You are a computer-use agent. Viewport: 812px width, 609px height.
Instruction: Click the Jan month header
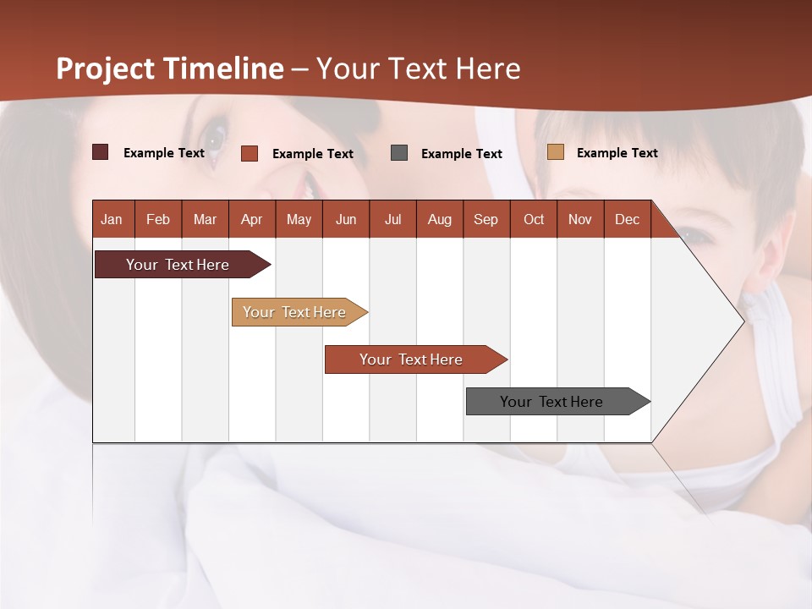pos(112,219)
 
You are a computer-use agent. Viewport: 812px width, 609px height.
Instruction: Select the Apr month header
pos(251,219)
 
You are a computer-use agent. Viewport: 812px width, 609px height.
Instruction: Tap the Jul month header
pos(392,219)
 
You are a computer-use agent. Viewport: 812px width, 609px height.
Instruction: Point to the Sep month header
pos(486,219)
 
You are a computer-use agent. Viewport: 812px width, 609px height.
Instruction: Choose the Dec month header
pos(627,219)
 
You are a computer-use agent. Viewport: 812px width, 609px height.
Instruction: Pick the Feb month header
pos(158,219)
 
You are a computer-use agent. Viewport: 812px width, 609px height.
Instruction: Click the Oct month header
pos(534,219)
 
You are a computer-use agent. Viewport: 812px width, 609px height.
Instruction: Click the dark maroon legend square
pos(100,152)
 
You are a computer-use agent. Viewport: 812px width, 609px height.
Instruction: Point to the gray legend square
pos(399,152)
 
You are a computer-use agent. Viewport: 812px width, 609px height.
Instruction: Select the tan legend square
pos(556,152)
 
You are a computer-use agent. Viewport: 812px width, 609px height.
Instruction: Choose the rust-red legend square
pos(250,153)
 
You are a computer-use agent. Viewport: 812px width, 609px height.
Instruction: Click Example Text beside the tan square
pos(617,152)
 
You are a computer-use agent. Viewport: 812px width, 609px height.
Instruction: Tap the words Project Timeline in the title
pos(170,69)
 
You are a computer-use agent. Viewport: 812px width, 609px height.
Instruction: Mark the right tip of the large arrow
pos(743,321)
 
